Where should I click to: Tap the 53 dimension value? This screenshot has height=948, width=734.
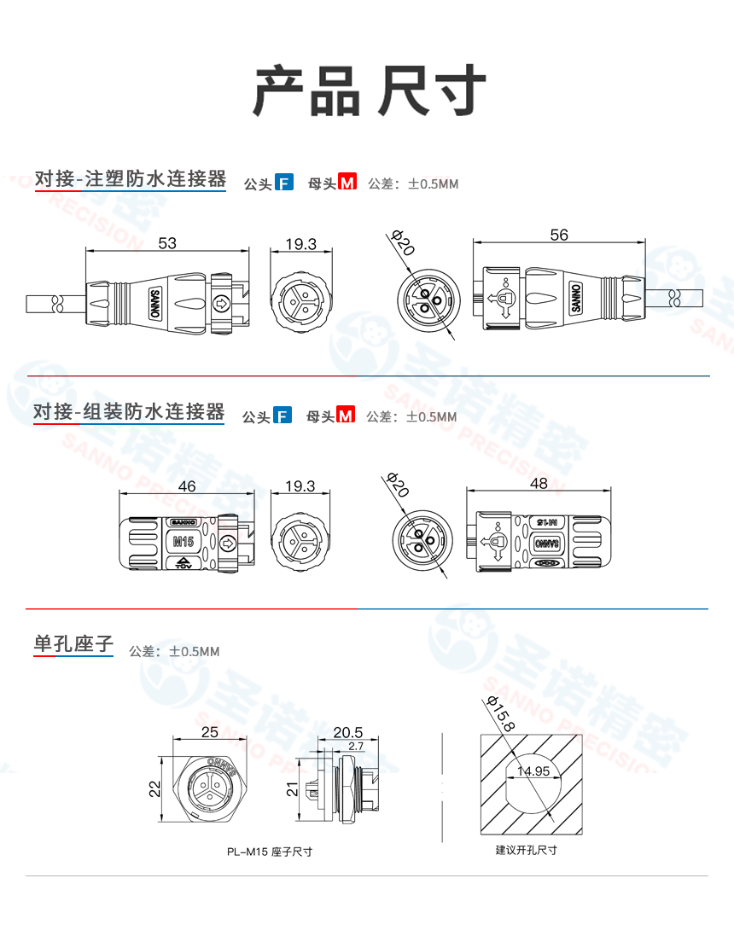click(x=167, y=243)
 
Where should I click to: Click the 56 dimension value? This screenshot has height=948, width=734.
click(x=559, y=236)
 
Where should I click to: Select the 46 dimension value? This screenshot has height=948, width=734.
click(x=186, y=486)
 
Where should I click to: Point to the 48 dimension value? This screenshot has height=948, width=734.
click(x=539, y=483)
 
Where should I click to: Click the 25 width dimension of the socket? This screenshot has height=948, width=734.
click(x=210, y=732)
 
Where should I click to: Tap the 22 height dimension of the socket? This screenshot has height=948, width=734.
click(x=154, y=789)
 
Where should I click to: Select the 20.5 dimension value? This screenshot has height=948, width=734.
click(x=347, y=732)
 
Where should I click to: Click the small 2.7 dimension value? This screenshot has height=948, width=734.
click(x=356, y=746)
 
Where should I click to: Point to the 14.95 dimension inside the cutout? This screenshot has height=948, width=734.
click(x=532, y=771)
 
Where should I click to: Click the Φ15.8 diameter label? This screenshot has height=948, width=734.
click(x=499, y=714)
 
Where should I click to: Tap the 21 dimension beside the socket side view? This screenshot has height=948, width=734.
click(x=291, y=790)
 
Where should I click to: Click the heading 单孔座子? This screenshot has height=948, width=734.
click(x=73, y=643)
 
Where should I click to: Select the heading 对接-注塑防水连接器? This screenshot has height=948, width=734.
click(x=130, y=179)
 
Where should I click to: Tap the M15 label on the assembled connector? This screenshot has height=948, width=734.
click(x=183, y=541)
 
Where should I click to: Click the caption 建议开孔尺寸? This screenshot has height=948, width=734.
click(x=526, y=850)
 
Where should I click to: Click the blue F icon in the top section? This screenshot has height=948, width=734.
click(x=284, y=182)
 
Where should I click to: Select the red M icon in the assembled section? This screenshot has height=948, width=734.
click(x=346, y=416)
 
